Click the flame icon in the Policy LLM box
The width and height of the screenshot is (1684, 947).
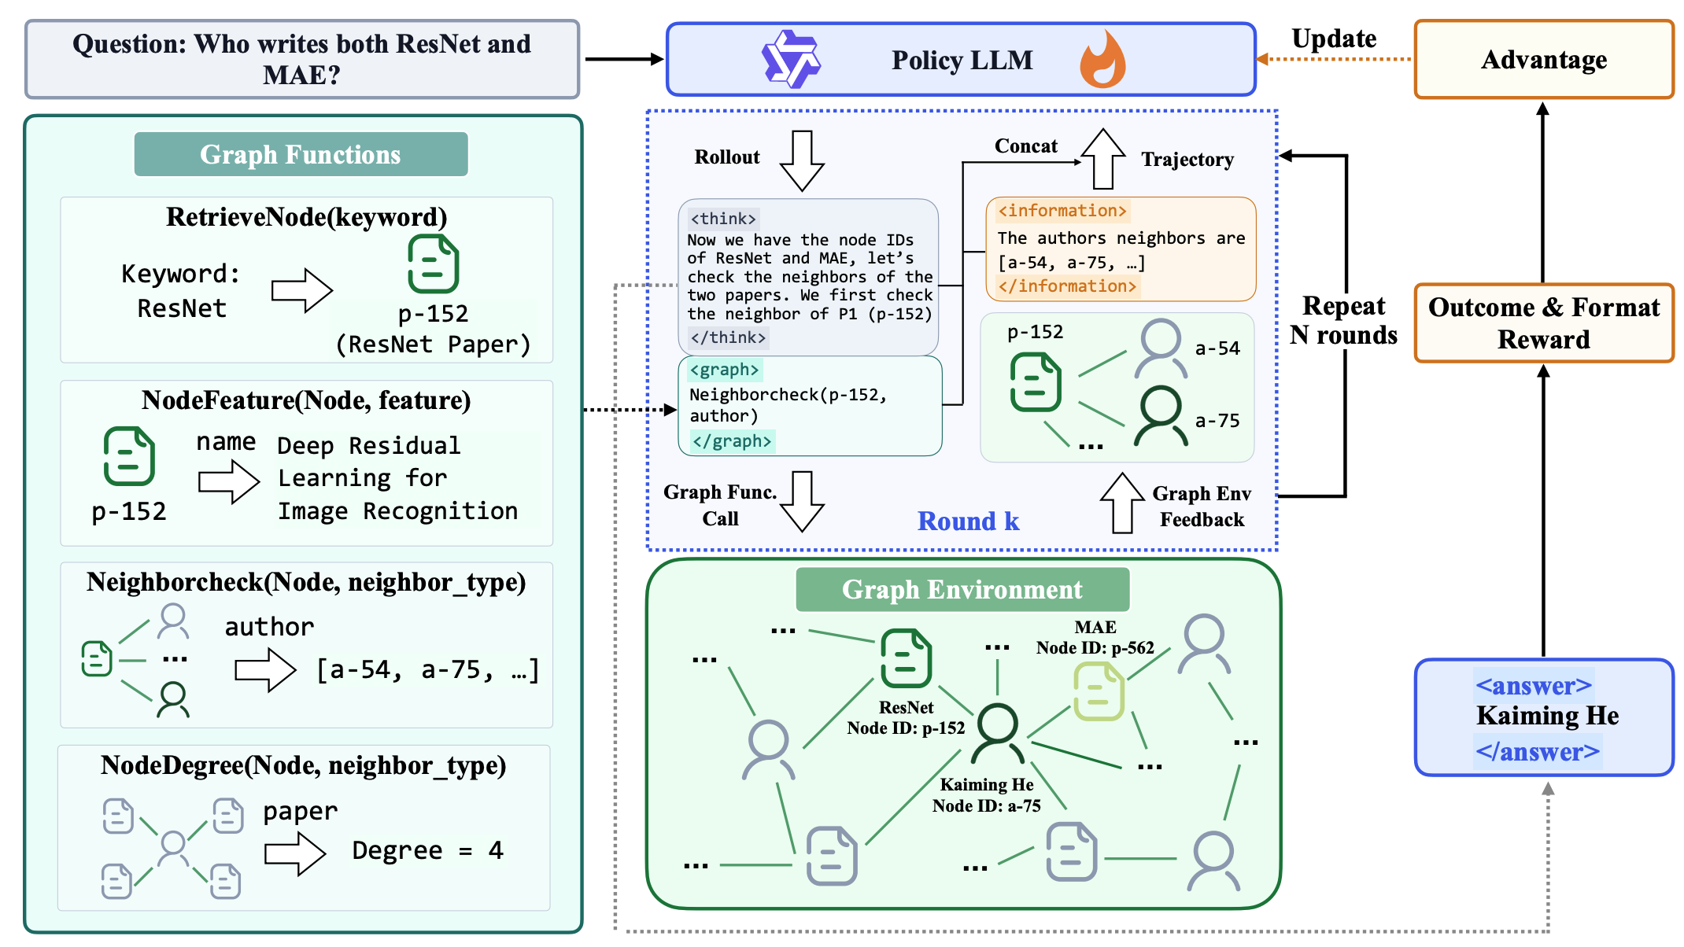click(1102, 60)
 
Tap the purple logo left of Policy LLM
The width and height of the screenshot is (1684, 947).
click(791, 59)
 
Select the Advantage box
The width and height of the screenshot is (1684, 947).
click(1543, 60)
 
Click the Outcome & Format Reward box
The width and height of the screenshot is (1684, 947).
click(1543, 323)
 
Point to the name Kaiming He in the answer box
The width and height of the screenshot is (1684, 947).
click(1547, 716)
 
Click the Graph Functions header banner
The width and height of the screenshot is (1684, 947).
click(301, 154)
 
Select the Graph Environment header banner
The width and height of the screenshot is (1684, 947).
click(962, 589)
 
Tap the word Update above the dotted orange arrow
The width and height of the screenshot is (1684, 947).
click(1334, 39)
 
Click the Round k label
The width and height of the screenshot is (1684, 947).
click(968, 521)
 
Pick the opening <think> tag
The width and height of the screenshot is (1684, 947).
click(722, 219)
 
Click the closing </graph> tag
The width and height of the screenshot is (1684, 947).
click(732, 441)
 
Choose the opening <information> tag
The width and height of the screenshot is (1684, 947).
click(1062, 211)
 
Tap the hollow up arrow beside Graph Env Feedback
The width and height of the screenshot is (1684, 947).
click(1122, 503)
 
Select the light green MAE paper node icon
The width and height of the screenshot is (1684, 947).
click(1099, 691)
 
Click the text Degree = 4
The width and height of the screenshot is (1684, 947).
click(427, 850)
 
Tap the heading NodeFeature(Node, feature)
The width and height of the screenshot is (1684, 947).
click(306, 400)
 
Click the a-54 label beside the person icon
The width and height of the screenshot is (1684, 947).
click(1217, 348)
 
